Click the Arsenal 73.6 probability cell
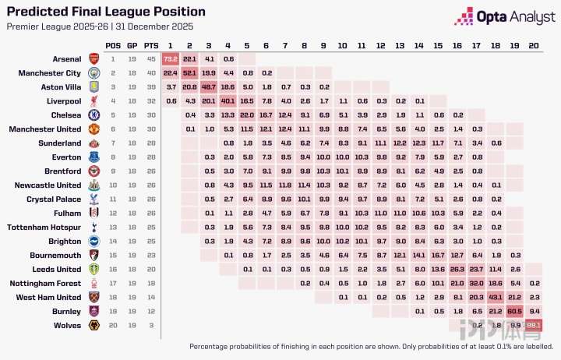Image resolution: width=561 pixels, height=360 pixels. pos(171,58)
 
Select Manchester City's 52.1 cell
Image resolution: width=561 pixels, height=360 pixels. pos(189,72)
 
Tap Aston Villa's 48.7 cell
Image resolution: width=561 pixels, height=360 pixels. pos(209,86)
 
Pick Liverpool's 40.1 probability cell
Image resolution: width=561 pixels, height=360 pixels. pos(228,101)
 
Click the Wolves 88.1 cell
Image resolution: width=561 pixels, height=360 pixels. pos(534,325)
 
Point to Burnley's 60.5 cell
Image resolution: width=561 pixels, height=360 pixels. pos(514,311)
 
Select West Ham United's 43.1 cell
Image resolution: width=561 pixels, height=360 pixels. pos(496,297)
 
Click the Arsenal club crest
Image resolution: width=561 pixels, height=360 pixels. pos(93,58)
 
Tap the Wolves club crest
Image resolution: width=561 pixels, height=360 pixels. pos(93,325)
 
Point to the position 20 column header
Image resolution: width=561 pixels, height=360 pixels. pos(534,44)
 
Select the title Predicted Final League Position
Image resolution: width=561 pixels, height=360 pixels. pos(106,12)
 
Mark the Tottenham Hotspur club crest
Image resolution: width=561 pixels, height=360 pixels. pos(93,227)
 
